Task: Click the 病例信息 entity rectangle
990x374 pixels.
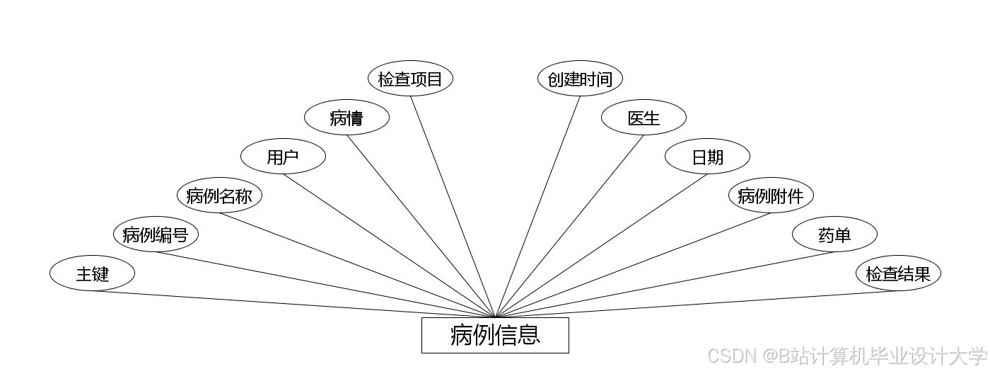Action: [x=495, y=335]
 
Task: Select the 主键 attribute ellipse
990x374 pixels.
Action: [x=92, y=273]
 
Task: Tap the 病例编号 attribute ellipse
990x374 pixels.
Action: [x=156, y=234]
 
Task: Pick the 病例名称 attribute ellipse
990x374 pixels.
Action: [x=219, y=195]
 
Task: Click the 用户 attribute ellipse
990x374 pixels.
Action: [x=283, y=157]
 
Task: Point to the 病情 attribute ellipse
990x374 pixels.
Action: [x=346, y=118]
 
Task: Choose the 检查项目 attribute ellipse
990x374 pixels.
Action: [x=410, y=79]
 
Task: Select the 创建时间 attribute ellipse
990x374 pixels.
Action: [x=580, y=79]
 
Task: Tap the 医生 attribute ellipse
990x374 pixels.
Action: [x=643, y=118]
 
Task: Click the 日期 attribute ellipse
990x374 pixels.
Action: [x=707, y=157]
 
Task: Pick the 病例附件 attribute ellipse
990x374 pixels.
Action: [x=771, y=195]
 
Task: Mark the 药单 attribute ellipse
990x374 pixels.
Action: [x=834, y=234]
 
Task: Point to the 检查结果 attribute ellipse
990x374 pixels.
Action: [x=898, y=273]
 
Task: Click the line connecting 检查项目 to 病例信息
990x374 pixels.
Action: [x=453, y=206]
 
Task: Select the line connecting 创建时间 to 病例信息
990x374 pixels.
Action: [x=537, y=206]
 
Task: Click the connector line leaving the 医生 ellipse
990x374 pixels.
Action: [x=569, y=226]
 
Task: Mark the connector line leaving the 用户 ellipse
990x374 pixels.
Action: [x=389, y=246]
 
